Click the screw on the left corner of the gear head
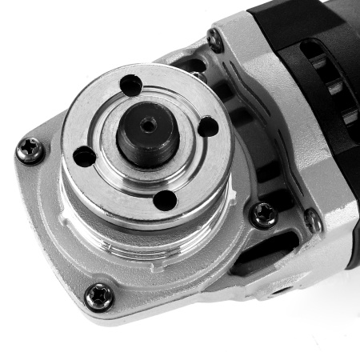pos(30,150)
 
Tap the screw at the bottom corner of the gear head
pos(99,296)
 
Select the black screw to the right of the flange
pos(262,214)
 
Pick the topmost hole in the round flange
pos(130,84)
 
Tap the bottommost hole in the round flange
pos(165,199)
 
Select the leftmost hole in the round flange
pos(84,156)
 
